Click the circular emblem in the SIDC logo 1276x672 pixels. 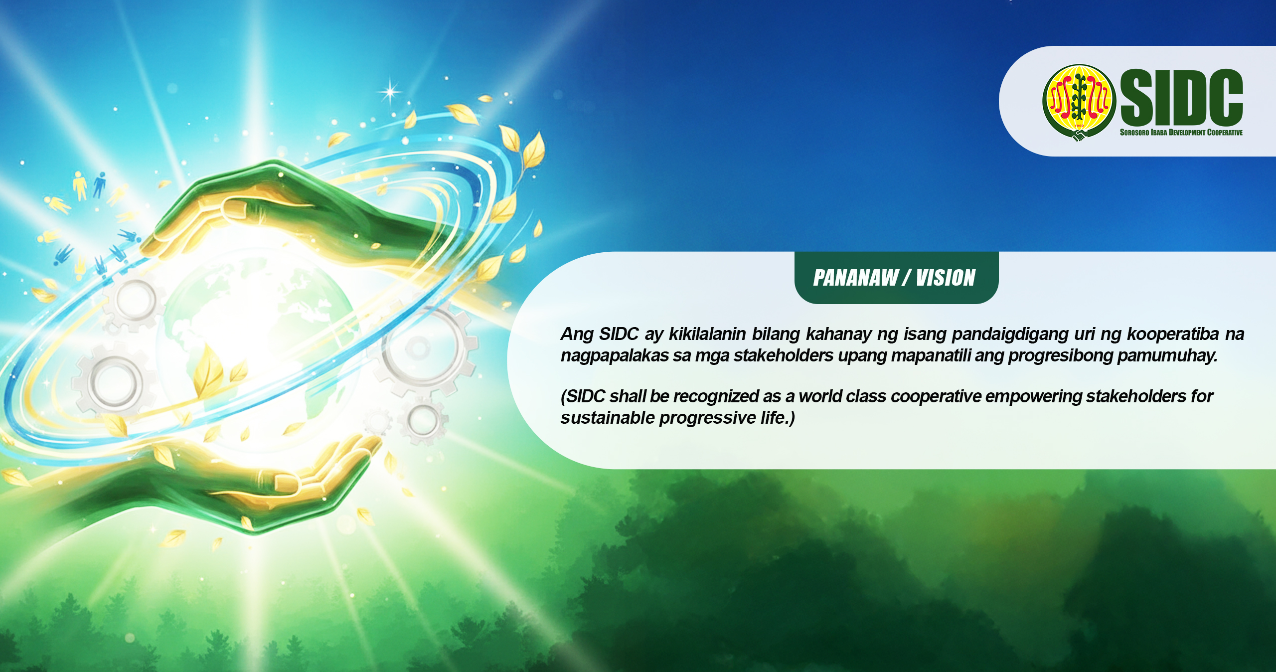[1079, 102]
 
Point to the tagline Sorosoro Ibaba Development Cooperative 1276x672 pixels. [1181, 133]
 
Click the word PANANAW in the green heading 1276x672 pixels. [855, 278]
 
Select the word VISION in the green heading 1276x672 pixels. [946, 278]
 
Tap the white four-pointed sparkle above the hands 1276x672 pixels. [390, 91]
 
